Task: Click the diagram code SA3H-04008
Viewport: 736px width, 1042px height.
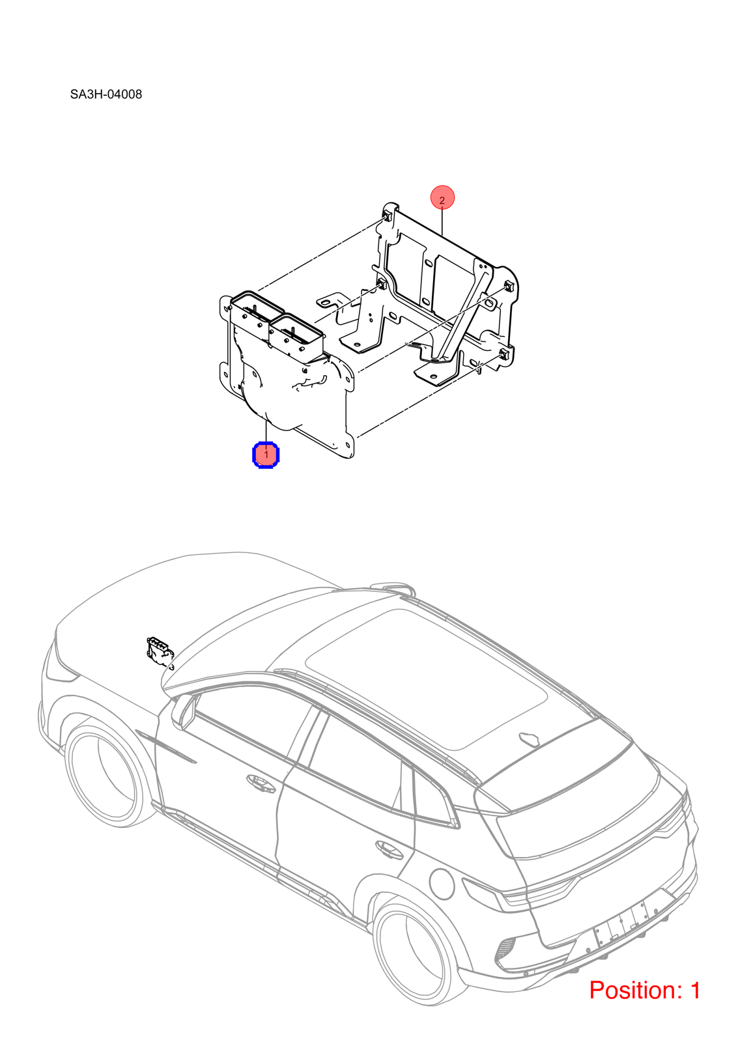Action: pos(106,94)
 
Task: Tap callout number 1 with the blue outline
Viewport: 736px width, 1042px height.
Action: pos(266,455)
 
